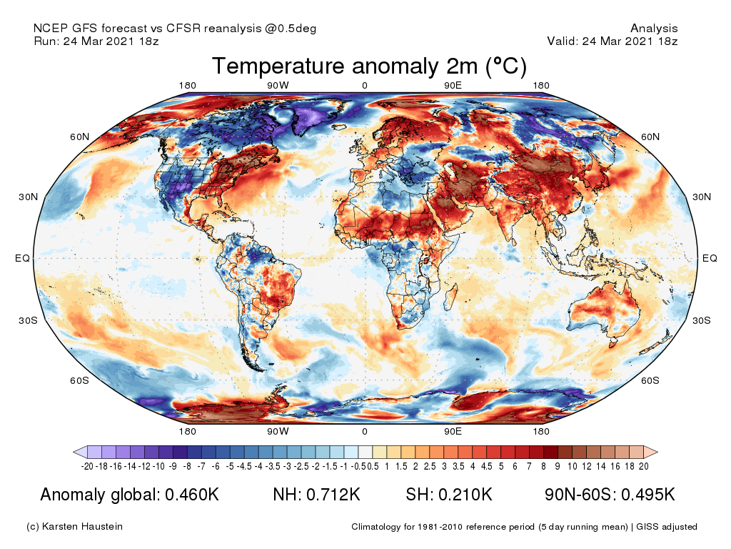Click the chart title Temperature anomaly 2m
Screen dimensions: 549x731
click(x=369, y=66)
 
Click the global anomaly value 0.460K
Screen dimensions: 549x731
click(x=191, y=495)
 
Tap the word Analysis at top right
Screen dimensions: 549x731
click(x=654, y=29)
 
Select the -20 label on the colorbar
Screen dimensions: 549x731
click(x=87, y=466)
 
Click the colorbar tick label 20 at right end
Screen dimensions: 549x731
click(x=644, y=466)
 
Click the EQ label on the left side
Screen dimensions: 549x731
click(x=22, y=258)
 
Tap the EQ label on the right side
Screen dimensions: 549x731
click(x=710, y=258)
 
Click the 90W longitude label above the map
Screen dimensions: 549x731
click(x=278, y=86)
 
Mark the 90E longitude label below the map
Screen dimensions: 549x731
click(x=453, y=431)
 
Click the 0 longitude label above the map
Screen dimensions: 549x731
click(x=365, y=86)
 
